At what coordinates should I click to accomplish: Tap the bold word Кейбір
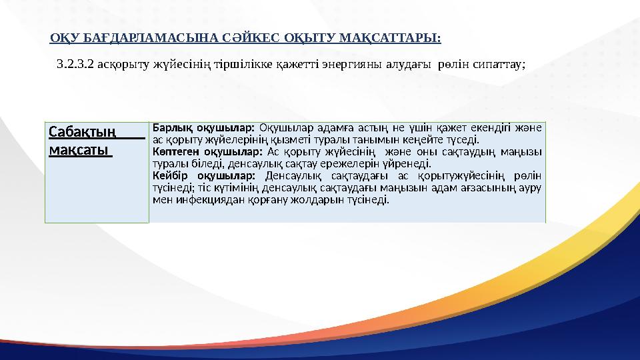coord(167,175)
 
